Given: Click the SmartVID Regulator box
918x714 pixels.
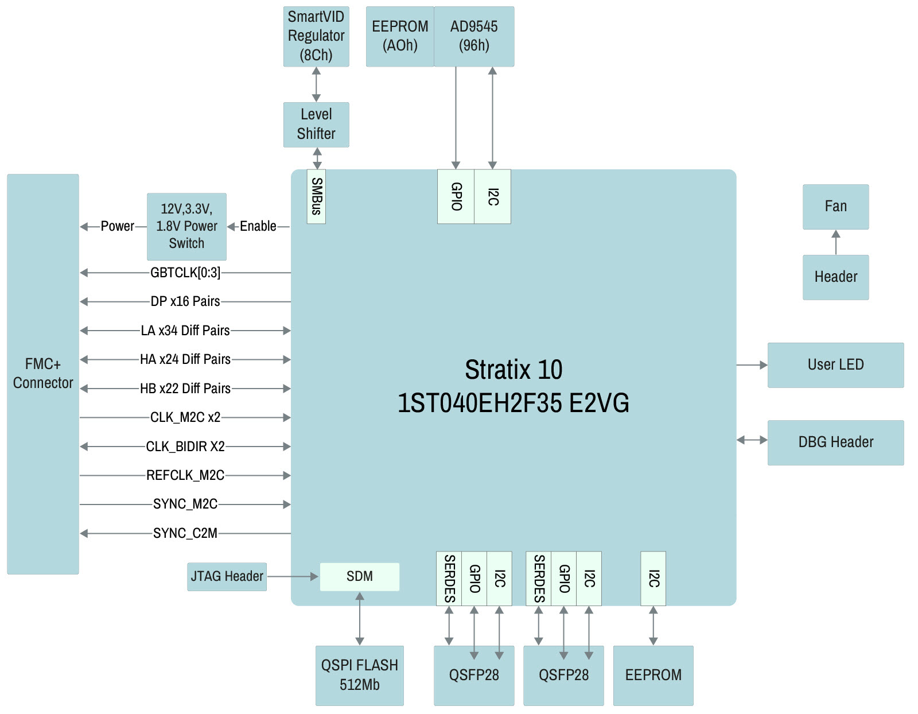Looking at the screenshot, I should (x=316, y=36).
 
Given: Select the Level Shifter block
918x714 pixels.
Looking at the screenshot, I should (x=316, y=125).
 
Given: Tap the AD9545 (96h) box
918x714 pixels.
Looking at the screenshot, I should (x=474, y=36).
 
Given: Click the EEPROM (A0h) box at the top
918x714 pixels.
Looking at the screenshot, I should (x=400, y=36).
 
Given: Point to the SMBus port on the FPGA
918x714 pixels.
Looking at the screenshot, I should (x=316, y=196).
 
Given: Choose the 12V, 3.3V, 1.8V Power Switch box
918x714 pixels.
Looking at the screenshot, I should (x=186, y=227).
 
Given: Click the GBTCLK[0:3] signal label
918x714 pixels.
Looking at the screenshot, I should (x=185, y=273).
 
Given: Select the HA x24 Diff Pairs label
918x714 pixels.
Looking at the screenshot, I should (x=185, y=359).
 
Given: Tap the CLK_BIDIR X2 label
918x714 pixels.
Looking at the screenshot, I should (x=185, y=447).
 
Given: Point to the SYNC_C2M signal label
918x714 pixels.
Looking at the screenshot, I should (x=185, y=533).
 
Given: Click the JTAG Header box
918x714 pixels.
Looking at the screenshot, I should (x=227, y=576).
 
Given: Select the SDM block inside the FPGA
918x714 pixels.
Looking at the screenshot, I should (x=360, y=576).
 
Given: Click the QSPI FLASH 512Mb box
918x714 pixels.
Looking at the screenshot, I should (x=360, y=675).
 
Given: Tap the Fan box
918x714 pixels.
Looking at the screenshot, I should (x=835, y=207).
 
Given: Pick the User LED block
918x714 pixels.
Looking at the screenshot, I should (x=835, y=365).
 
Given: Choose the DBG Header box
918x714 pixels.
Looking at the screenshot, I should (x=835, y=443).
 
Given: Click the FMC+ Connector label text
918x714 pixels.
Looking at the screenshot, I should (x=43, y=373).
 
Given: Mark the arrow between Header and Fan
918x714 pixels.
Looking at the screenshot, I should (x=836, y=242).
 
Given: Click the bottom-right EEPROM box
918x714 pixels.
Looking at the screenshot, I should (x=653, y=675).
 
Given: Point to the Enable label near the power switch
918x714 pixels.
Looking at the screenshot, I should (x=258, y=226).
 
